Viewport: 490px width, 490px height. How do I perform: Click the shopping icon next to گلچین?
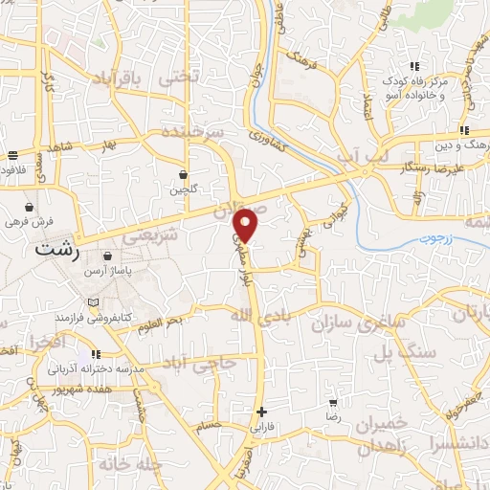pos(182,174)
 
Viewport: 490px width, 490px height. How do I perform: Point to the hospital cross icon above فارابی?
pos(261,412)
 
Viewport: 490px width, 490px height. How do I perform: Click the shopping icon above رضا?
pos(332,403)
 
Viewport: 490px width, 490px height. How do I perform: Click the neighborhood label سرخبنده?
pos(190,131)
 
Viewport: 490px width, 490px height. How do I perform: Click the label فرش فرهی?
pos(29,221)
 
